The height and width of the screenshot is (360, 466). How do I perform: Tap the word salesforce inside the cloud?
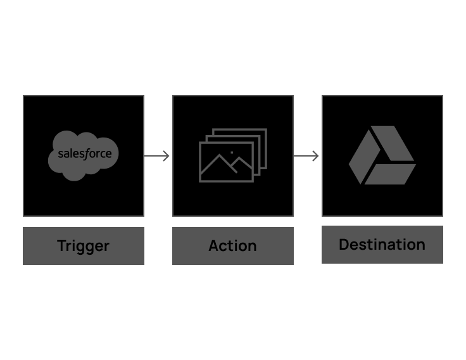[84, 153]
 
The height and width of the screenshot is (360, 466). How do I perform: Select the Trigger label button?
[83, 245]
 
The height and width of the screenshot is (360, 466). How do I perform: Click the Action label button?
[232, 245]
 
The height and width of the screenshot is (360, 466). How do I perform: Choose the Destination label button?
[382, 244]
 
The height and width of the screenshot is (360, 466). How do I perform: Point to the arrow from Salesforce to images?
[157, 156]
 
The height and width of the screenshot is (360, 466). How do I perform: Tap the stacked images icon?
[232, 155]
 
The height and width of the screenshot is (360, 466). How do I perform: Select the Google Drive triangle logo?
[382, 155]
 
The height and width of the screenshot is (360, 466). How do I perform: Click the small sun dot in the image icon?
[232, 153]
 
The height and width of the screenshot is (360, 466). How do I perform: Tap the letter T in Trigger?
[62, 245]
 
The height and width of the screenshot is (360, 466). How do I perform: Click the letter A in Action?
[214, 245]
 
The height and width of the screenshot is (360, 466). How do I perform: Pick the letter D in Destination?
[344, 244]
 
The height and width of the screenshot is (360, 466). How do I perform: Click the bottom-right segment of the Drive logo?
[391, 174]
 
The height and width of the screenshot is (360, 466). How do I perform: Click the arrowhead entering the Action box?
[167, 156]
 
